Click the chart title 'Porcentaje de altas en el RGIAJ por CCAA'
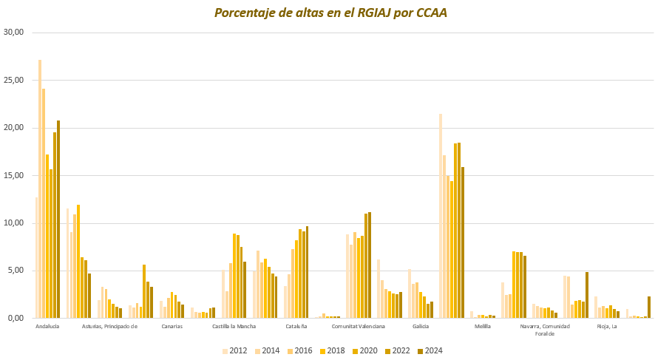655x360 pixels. tap(330, 13)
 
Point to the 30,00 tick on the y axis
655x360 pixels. tap(14, 33)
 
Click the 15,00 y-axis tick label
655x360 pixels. tap(14, 175)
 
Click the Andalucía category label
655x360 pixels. tap(47, 326)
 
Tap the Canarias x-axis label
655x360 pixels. tap(172, 326)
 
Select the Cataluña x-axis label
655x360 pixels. tap(296, 326)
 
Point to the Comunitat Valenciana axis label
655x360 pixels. tap(358, 326)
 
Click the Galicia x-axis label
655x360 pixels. tap(421, 326)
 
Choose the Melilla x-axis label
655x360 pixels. tap(483, 326)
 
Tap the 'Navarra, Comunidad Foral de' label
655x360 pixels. tap(545, 330)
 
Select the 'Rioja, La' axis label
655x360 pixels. tap(607, 326)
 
